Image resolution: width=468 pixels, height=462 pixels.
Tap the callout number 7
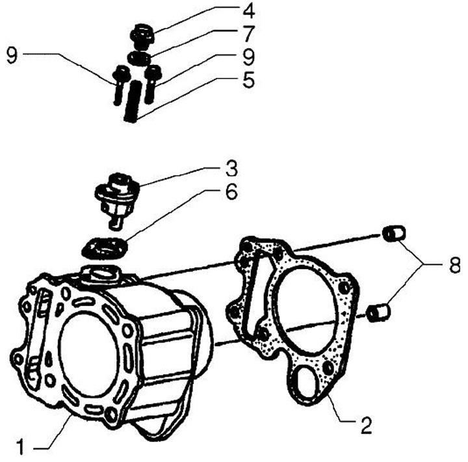click(x=230, y=32)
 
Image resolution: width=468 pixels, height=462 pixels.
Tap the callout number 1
click(x=20, y=446)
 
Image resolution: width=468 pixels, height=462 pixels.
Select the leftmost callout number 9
click(x=11, y=55)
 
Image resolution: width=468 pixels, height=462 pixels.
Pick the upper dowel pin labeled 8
click(x=393, y=233)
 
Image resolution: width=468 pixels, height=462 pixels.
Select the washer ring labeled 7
click(x=138, y=59)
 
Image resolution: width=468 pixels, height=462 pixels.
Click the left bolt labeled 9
click(x=119, y=83)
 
